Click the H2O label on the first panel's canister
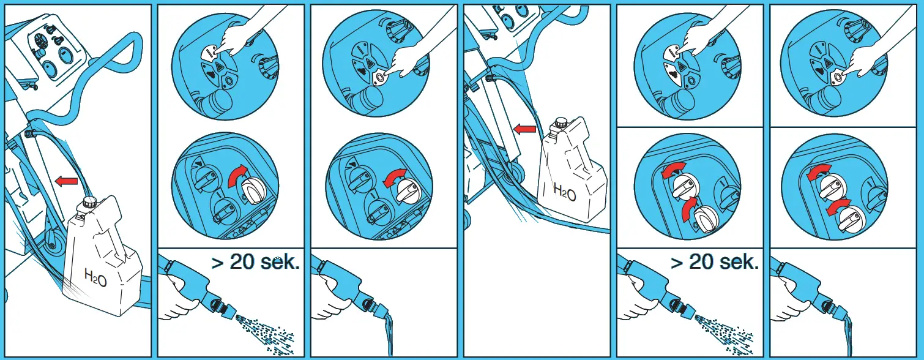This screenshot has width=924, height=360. pyautogui.click(x=95, y=277)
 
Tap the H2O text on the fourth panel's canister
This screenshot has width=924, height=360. pyautogui.click(x=564, y=192)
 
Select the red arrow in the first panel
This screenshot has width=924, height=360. pyautogui.click(x=67, y=181)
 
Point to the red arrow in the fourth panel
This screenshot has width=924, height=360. pyautogui.click(x=524, y=129)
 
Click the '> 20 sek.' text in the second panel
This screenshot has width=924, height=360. pyautogui.click(x=255, y=262)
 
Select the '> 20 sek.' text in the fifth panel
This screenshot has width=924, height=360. pyautogui.click(x=715, y=262)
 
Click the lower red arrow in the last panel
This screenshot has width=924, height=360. pyautogui.click(x=837, y=206)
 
